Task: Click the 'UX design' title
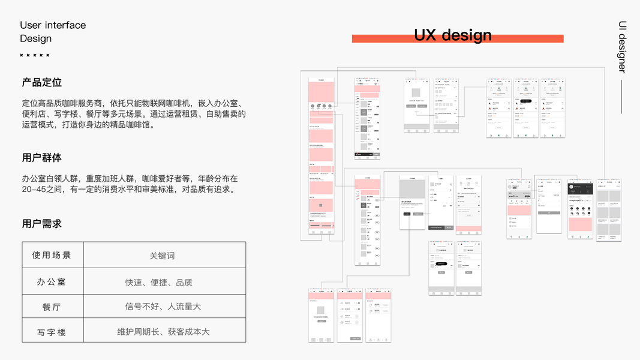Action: (453, 35)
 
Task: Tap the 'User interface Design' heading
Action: (53, 32)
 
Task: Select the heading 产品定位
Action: (42, 82)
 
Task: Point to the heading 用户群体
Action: (42, 158)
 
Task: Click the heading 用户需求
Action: (42, 223)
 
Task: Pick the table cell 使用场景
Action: (52, 255)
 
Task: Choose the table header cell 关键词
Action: (162, 256)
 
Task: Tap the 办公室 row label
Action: (52, 282)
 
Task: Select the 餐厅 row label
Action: (52, 307)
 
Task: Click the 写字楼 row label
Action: (52, 332)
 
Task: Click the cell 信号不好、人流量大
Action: (163, 307)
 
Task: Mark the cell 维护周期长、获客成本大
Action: (163, 332)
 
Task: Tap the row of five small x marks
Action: (35, 55)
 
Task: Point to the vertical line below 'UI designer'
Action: (622, 96)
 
